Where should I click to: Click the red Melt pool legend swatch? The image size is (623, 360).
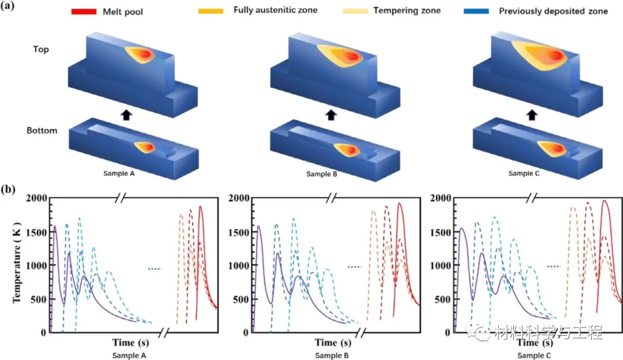84,11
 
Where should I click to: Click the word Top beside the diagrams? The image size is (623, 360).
41,50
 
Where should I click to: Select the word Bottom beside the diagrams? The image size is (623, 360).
42,130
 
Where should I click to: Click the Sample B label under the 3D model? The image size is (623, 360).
329,173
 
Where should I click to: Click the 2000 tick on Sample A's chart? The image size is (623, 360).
37,198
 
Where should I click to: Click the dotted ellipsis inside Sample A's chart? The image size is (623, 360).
154,269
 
